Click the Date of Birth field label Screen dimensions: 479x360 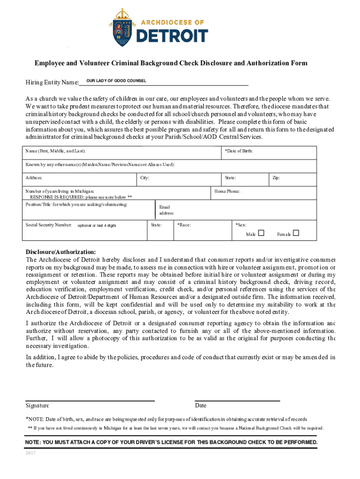pyautogui.click(x=239, y=152)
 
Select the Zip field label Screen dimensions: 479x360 pyautogui.click(x=276, y=178)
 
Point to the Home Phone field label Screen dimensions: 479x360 pyautogui.click(x=227, y=191)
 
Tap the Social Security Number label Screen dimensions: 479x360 pyautogui.click(x=49, y=225)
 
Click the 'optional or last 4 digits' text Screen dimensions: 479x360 pyautogui.click(x=97, y=225)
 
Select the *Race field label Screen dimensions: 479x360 pyautogui.click(x=184, y=225)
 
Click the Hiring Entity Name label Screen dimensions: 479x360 pyautogui.click(x=52, y=83)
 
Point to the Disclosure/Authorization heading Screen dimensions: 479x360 pyautogui.click(x=61, y=252)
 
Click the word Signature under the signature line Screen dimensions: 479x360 pyautogui.click(x=37, y=406)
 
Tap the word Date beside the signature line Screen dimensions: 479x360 pyautogui.click(x=201, y=406)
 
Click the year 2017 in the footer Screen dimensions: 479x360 pyautogui.click(x=31, y=453)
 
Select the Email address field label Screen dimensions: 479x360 pyautogui.click(x=166, y=210)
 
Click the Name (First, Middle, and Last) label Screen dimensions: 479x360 pyautogui.click(x=56, y=152)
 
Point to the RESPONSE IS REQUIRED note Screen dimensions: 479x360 pyautogui.click(x=81, y=197)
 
